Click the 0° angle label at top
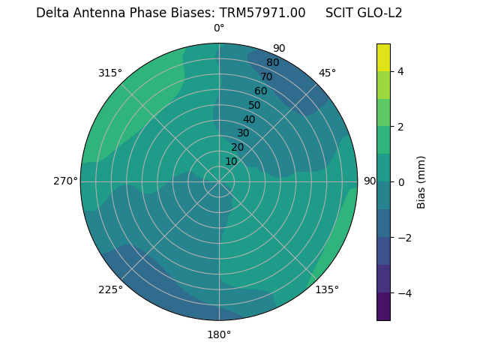click(x=219, y=28)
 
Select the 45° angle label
click(x=327, y=73)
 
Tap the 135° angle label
click(x=327, y=289)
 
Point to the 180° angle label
click(x=219, y=334)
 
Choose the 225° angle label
click(x=110, y=289)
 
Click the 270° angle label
click(x=65, y=181)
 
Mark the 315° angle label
click(x=110, y=73)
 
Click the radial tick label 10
click(x=231, y=161)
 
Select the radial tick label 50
click(x=254, y=105)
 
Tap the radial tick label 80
click(x=272, y=62)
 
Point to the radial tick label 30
click(x=243, y=133)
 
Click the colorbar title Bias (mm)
click(x=421, y=181)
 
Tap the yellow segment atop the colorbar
click(x=383, y=57)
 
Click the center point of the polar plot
click(x=219, y=181)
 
